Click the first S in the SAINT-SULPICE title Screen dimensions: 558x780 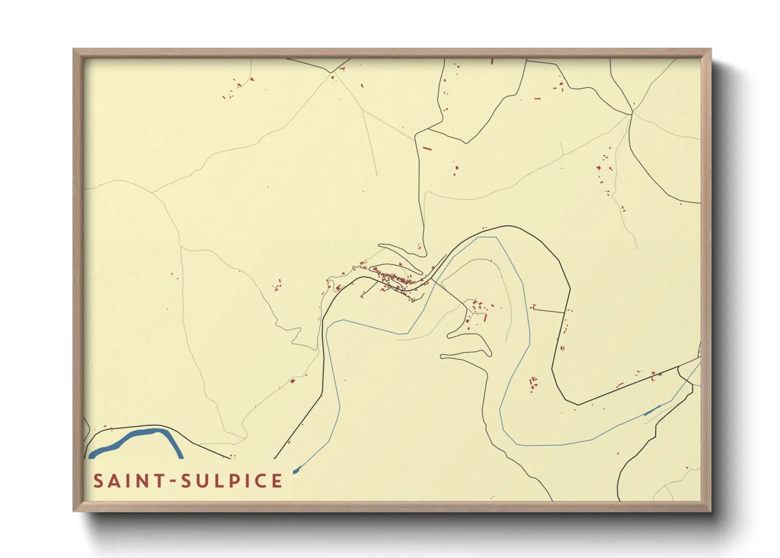(99, 481)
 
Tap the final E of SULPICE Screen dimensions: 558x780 (277, 481)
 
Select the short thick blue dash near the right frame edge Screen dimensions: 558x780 (652, 410)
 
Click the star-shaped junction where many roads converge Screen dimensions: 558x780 (631, 113)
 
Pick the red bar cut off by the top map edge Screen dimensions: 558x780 (492, 61)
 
